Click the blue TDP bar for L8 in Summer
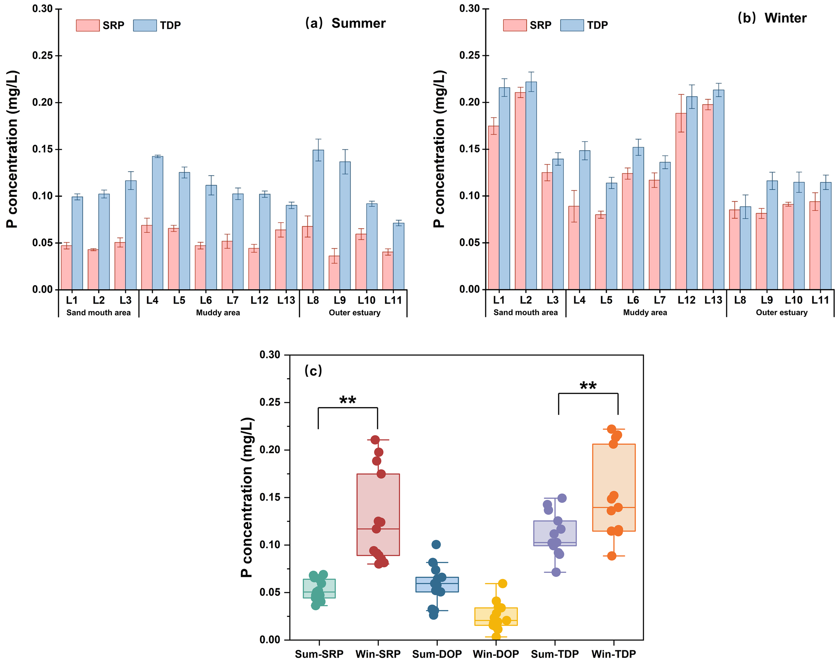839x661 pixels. pos(318,221)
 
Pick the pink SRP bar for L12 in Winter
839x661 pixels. pos(681,201)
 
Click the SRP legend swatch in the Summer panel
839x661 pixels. pos(87,26)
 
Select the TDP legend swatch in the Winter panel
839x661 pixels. pos(572,26)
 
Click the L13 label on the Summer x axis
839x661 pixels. pos(286,300)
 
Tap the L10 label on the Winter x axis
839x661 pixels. pos(793,300)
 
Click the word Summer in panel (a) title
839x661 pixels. pos(358,23)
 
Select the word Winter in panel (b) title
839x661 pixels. pos(785,18)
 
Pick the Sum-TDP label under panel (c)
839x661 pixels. pos(555,654)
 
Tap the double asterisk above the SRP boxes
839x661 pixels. pos(347,400)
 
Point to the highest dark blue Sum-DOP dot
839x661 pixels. pos(436,545)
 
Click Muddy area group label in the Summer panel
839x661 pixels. pos(218,313)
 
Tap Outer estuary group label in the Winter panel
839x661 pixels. pos(781,313)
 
